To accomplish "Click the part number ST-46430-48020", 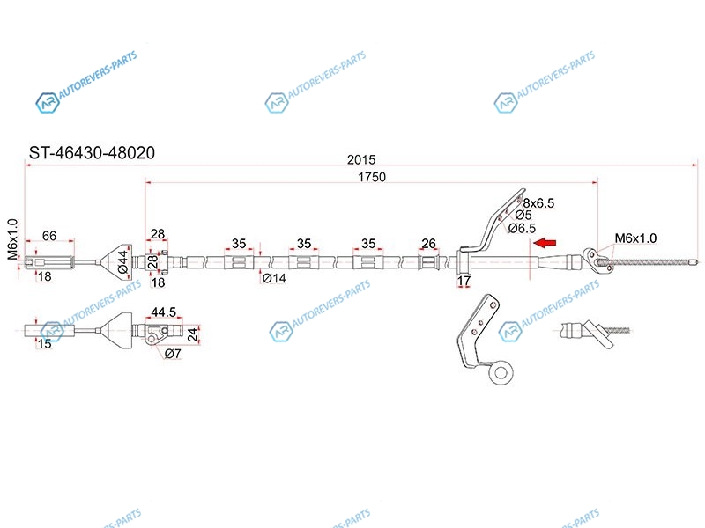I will [x=92, y=152].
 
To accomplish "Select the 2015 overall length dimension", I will [x=361, y=159].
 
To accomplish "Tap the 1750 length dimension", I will [x=371, y=177].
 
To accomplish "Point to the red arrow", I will [x=548, y=242].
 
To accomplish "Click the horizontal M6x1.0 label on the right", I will [x=635, y=238].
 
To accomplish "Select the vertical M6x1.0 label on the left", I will [x=12, y=240].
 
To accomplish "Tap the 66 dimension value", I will [x=50, y=236].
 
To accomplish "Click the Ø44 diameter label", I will [x=123, y=260].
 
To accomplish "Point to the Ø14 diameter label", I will [x=275, y=278].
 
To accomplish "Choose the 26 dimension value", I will [x=429, y=243].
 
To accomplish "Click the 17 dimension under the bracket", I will [x=465, y=282].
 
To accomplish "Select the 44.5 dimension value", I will [x=163, y=312].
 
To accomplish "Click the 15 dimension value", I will [x=44, y=344].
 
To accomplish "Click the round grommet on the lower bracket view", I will [x=503, y=372].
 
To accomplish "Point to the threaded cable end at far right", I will [x=657, y=261].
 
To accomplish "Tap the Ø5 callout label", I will [x=523, y=216].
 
